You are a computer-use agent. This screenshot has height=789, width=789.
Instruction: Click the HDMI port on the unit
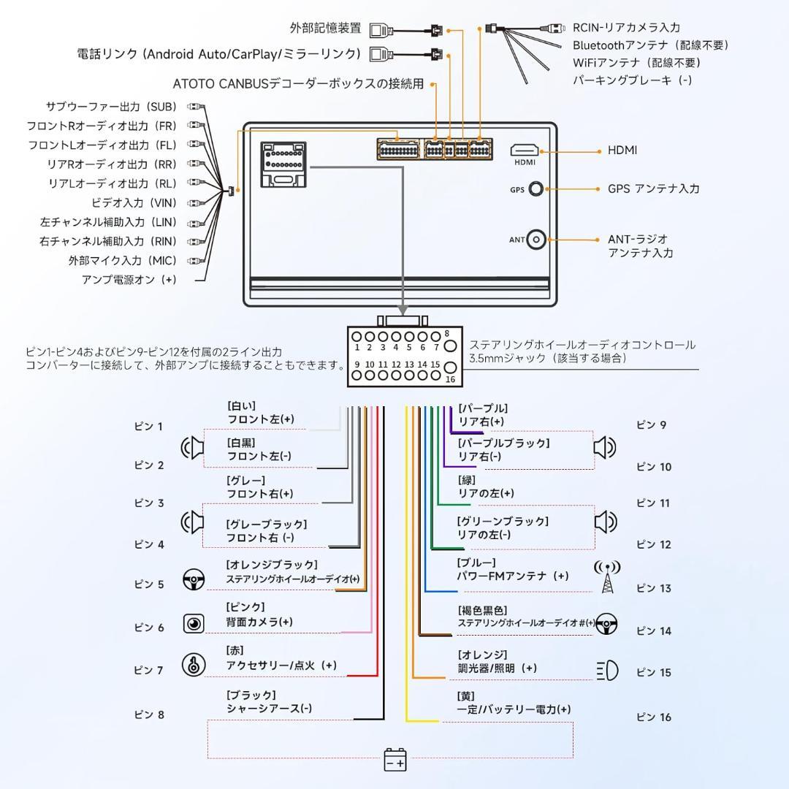(x=525, y=150)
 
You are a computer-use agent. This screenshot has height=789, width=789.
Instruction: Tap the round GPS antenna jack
(x=536, y=189)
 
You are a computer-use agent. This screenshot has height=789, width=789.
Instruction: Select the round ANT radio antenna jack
(x=537, y=239)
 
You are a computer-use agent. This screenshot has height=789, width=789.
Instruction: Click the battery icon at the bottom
(x=395, y=759)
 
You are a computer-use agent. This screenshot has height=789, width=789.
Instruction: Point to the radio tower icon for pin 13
(x=607, y=577)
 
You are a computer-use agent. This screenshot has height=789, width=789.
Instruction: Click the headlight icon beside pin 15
(x=608, y=670)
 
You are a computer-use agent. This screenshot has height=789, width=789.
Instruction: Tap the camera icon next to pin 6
(x=194, y=623)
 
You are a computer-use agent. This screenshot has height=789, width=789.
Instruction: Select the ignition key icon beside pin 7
(x=194, y=665)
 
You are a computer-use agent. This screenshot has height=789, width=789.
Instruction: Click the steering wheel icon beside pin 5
(x=194, y=582)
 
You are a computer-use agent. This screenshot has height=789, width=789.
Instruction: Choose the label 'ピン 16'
(x=653, y=717)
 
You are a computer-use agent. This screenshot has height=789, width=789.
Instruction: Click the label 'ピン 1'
(x=149, y=427)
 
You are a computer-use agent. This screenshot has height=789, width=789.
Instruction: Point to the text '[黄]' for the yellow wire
(x=466, y=695)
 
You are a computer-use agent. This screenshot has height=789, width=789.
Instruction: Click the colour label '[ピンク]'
(x=245, y=607)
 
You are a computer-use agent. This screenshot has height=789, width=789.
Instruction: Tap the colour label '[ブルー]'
(x=476, y=563)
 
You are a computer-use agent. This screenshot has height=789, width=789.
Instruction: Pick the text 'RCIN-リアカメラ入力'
(x=626, y=28)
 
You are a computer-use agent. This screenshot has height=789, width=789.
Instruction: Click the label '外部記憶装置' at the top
(x=325, y=28)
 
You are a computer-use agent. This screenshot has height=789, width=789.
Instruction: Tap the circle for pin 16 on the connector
(x=451, y=368)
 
